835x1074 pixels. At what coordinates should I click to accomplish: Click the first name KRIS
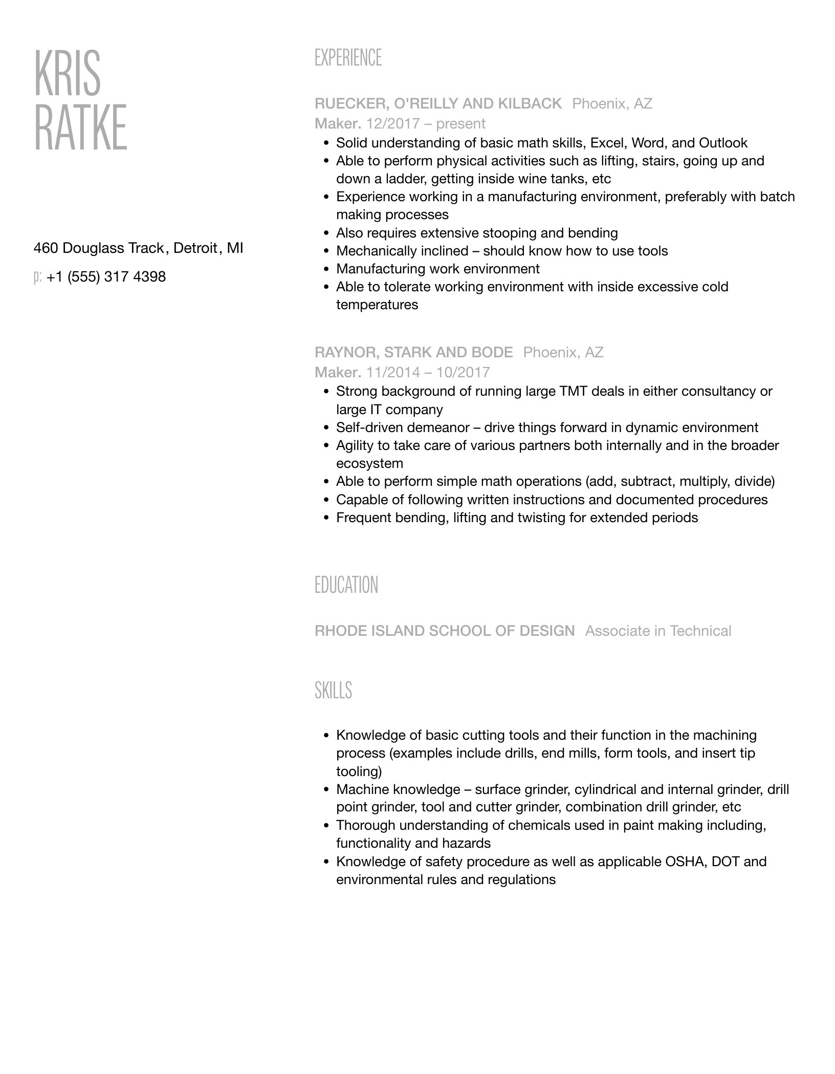[68, 74]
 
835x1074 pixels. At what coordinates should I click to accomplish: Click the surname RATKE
[80, 127]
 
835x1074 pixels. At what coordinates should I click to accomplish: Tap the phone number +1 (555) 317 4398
[106, 277]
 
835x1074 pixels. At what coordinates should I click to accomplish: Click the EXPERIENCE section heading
[348, 58]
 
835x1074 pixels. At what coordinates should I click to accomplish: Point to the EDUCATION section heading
[346, 585]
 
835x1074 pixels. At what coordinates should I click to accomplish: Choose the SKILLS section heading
[333, 690]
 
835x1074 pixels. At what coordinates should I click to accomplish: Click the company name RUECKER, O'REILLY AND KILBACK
[438, 104]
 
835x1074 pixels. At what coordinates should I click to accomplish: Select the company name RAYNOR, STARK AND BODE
[413, 352]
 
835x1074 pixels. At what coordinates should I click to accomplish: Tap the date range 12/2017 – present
[426, 124]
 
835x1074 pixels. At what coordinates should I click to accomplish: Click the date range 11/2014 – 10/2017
[428, 372]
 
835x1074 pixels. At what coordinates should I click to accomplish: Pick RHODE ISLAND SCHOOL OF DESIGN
[445, 631]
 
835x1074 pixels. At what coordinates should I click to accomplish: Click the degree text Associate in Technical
[658, 631]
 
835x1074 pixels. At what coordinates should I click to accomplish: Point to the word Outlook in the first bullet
[723, 143]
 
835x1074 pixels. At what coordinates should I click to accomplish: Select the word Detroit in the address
[195, 248]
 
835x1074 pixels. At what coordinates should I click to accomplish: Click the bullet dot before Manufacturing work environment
[326, 269]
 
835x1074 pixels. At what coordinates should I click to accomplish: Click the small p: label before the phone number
[37, 277]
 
